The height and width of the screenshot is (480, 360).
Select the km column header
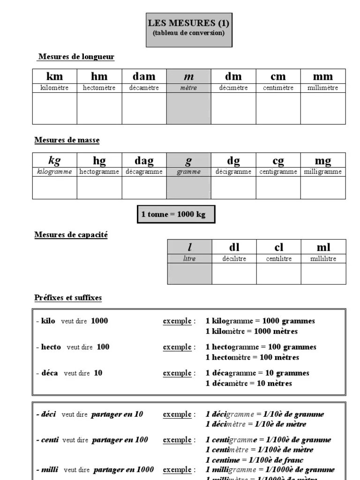[x=55, y=76]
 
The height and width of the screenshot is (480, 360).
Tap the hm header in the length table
[x=99, y=76]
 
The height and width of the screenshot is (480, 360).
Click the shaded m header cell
[x=189, y=76]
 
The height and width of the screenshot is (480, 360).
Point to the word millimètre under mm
[x=322, y=88]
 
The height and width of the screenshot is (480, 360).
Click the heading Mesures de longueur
[x=76, y=57]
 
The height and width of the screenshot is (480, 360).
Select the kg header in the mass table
[x=55, y=161]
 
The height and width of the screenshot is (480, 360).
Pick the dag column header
[x=144, y=161]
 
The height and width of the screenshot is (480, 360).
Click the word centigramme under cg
[x=278, y=172]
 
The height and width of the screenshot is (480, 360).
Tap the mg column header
[x=322, y=161]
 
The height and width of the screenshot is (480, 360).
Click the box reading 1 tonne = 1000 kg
[x=176, y=214]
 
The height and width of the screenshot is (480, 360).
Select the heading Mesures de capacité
[x=71, y=235]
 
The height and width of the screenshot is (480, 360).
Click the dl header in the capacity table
[x=234, y=247]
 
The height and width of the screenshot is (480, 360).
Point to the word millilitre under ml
[x=323, y=259]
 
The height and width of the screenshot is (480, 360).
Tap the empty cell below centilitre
[x=278, y=274]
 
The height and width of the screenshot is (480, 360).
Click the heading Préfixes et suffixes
[x=68, y=298]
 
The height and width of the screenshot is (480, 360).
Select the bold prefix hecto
[x=51, y=347]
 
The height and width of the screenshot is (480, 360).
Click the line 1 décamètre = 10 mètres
[x=248, y=383]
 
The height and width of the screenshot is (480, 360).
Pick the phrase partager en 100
[x=120, y=440]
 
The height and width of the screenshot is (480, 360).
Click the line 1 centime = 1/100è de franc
[x=255, y=460]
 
